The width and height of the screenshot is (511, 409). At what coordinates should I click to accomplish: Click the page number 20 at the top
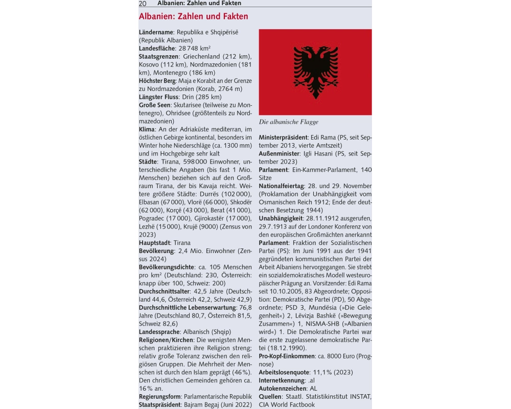(x=143, y=3)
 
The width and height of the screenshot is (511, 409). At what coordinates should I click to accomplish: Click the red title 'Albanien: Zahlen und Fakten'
(x=194, y=16)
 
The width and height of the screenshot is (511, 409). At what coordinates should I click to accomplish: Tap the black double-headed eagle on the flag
(x=315, y=72)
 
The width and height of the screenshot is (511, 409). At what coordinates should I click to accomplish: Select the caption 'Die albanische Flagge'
(x=288, y=122)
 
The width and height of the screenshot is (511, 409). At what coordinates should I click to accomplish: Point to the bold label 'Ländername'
(x=156, y=32)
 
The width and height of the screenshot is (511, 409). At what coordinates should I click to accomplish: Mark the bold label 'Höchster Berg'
(x=157, y=81)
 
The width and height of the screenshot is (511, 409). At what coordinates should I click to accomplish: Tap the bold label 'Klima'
(x=147, y=129)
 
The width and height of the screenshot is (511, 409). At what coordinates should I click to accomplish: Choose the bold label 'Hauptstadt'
(x=155, y=243)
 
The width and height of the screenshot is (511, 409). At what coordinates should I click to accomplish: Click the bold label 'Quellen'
(x=270, y=396)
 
